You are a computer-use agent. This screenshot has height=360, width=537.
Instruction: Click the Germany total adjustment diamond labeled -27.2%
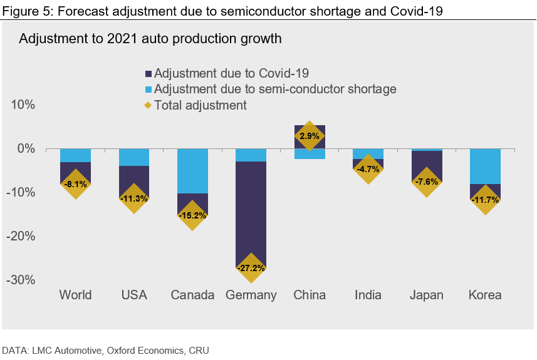point(251,268)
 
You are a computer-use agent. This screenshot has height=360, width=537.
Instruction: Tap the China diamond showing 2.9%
point(310,136)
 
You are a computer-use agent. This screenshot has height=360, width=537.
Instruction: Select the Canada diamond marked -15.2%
point(193,215)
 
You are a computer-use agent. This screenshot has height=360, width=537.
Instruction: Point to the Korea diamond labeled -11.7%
point(486,200)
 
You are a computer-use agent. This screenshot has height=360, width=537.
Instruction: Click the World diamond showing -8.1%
point(76,184)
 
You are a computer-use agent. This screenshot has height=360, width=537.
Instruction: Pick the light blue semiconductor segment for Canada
point(193,171)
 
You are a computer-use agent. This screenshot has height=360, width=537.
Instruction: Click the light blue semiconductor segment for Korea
point(486,166)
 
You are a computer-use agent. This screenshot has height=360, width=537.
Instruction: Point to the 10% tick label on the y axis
point(22,105)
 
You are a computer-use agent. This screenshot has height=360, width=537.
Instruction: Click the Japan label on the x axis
point(427,295)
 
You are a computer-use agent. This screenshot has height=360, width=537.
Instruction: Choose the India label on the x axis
point(368,295)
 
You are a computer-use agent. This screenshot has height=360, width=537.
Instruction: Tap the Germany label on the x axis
point(251,295)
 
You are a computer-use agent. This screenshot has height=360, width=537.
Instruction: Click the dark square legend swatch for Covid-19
point(149,73)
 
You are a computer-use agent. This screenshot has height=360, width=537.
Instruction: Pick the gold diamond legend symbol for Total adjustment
point(149,105)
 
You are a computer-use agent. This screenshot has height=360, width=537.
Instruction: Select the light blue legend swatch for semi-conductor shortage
point(149,89)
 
